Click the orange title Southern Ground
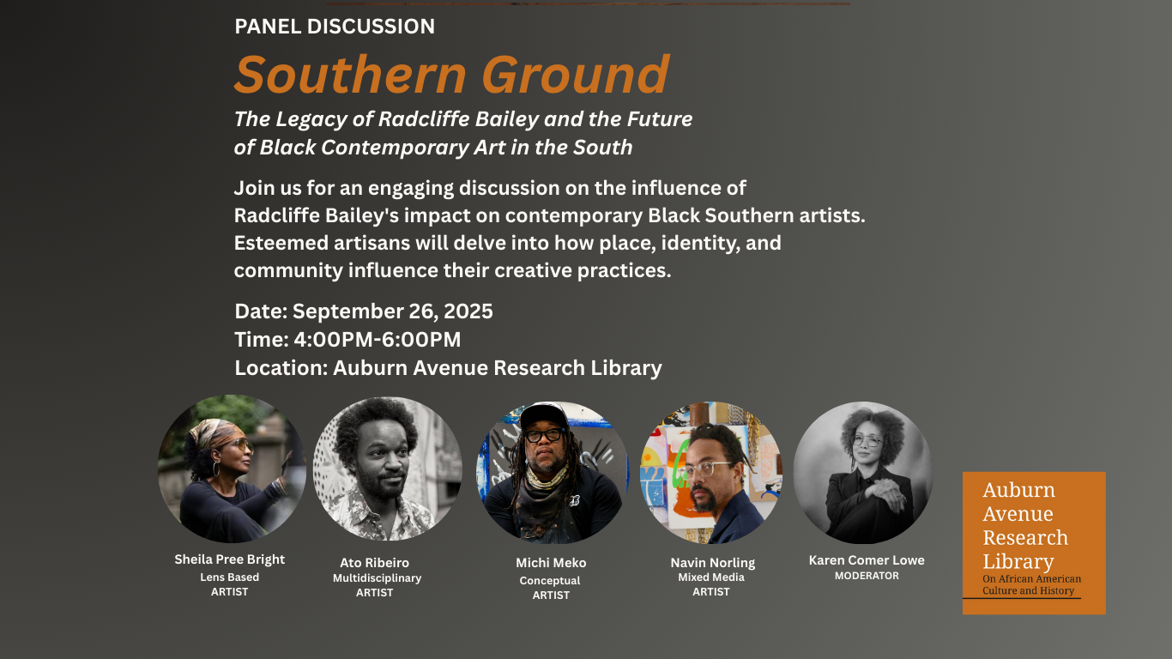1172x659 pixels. tap(451, 75)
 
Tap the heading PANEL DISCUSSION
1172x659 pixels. tap(335, 27)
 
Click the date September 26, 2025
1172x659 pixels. tap(392, 311)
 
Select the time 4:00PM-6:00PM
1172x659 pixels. tap(378, 340)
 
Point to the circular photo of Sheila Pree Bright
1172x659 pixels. tap(232, 469)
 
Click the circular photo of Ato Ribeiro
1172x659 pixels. tap(387, 469)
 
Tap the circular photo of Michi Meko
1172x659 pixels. tap(552, 473)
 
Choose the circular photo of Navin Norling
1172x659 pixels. tap(711, 473)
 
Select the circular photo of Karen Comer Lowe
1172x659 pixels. tap(863, 473)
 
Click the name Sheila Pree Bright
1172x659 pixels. tap(230, 559)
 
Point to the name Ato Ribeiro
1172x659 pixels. tap(375, 563)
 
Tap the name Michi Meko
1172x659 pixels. tap(551, 563)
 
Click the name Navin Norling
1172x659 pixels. tap(713, 563)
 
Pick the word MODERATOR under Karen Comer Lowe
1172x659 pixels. tap(867, 576)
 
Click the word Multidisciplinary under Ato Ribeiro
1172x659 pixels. tap(377, 578)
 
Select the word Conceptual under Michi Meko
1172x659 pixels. tap(550, 581)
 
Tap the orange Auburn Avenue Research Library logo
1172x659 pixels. tap(1034, 543)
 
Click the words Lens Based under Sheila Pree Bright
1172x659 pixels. tap(230, 577)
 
